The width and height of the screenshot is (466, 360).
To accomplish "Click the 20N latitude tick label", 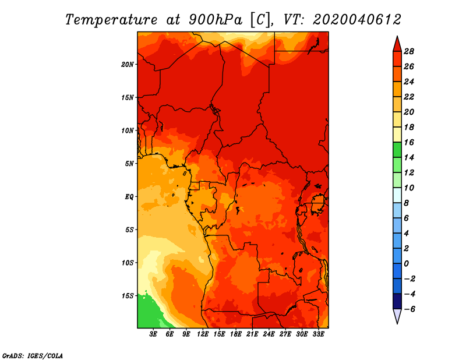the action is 128,65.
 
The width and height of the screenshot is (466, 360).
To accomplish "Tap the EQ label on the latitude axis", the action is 129,197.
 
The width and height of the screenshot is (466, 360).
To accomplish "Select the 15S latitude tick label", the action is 128,296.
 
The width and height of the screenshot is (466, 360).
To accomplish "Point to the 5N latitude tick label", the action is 129,164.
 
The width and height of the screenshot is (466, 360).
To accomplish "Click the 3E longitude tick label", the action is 153,334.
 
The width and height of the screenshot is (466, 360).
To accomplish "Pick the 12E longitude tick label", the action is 203,334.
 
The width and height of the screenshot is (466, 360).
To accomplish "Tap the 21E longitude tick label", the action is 252,334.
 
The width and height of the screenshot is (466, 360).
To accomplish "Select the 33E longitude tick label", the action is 318,334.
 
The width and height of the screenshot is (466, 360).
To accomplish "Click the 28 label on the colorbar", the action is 409,51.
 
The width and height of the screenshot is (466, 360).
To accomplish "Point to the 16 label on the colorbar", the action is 409,142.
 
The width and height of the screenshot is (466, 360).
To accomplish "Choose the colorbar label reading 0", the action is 406,264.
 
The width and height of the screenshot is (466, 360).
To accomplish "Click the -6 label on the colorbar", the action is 409,309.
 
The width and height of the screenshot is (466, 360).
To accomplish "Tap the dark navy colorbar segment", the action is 397,301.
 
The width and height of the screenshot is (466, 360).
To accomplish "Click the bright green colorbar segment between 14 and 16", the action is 397,150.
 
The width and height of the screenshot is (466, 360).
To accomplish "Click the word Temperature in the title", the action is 111,20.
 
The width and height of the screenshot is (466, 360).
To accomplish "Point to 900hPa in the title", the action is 216,20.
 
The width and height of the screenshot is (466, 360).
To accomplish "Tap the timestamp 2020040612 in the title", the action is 357,20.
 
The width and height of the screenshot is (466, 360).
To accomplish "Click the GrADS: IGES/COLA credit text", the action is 33,355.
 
